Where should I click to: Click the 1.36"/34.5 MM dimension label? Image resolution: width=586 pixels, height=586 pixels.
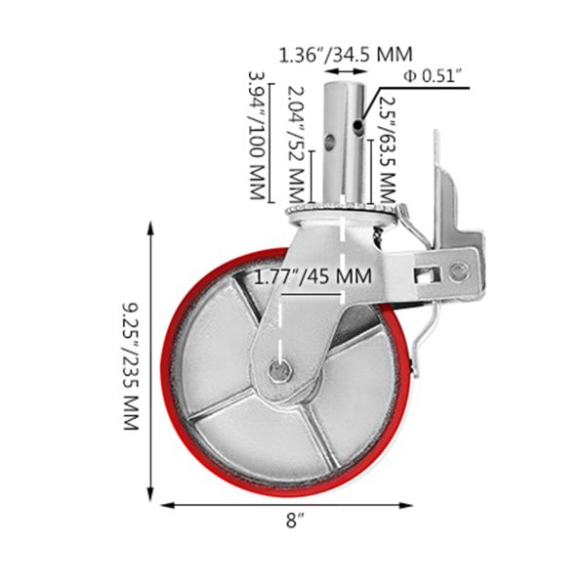point(346,55)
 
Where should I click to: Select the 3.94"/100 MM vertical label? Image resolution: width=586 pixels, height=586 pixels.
point(258,136)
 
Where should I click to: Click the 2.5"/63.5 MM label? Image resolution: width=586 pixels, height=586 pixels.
point(387,149)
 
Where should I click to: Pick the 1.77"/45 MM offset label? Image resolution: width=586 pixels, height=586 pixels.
point(313,276)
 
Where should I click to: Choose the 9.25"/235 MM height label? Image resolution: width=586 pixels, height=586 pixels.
point(132,366)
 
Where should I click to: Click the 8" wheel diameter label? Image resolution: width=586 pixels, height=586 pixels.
point(295,521)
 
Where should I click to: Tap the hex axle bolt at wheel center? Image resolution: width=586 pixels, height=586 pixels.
point(280,371)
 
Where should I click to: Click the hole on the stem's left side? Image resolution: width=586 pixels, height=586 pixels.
point(330,141)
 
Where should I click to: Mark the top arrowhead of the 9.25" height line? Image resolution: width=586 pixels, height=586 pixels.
point(150,227)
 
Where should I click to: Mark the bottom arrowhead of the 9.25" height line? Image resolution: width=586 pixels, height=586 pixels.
point(150,494)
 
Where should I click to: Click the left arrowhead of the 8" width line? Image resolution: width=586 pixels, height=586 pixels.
point(167,506)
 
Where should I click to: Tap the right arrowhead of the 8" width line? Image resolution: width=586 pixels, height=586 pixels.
point(406,506)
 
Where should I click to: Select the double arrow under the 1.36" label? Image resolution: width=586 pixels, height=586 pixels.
point(344,71)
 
